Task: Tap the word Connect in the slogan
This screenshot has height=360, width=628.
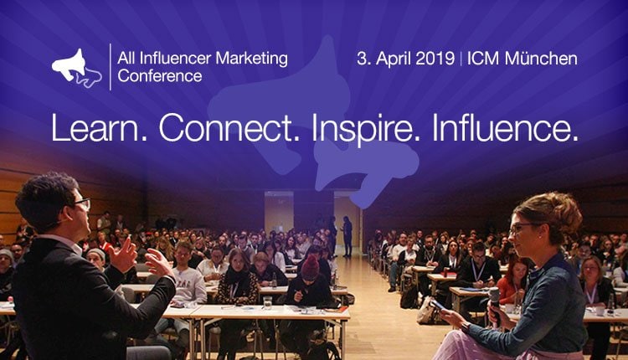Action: (229, 127)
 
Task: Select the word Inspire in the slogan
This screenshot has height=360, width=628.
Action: (366, 129)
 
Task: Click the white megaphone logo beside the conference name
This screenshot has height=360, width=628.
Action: (76, 67)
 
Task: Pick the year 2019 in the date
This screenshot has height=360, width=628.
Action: (435, 59)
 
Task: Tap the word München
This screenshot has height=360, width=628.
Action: (541, 59)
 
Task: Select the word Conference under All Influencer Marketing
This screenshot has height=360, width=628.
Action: (160, 75)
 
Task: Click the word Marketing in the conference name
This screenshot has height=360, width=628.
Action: (251, 59)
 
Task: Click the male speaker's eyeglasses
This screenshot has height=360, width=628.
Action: (83, 203)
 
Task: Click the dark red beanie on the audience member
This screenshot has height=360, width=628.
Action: (310, 268)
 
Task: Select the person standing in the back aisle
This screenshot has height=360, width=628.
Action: (347, 236)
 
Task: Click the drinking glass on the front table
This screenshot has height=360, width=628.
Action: (268, 303)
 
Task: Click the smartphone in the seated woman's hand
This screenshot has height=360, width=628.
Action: (437, 305)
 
